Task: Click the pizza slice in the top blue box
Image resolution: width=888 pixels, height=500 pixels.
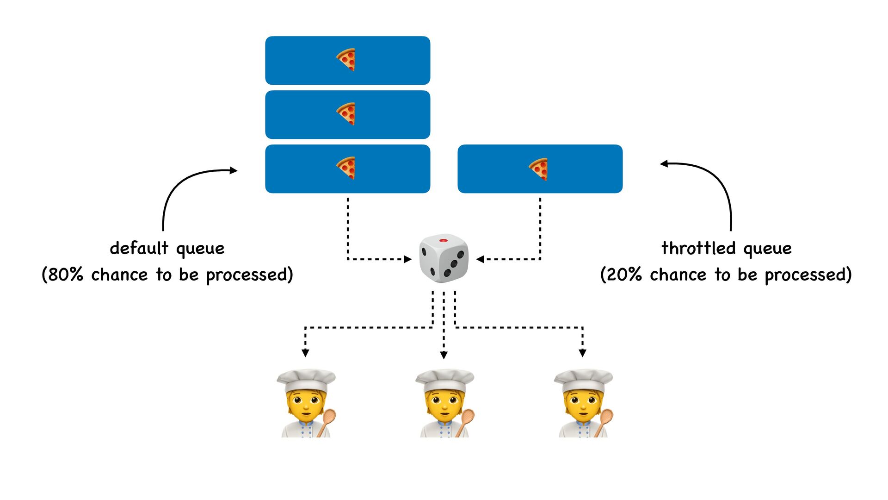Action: pos(346,60)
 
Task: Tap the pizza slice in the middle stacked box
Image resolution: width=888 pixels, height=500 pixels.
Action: pos(346,114)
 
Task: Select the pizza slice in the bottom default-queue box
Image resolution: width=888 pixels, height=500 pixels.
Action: pos(346,168)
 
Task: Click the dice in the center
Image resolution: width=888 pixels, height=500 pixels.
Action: pos(444,258)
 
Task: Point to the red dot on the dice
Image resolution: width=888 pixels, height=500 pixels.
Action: pos(443,241)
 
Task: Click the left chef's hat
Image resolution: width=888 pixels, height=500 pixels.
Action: pos(306,380)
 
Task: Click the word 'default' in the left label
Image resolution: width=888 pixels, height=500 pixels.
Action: pos(139,248)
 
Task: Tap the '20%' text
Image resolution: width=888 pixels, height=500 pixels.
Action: pos(623,275)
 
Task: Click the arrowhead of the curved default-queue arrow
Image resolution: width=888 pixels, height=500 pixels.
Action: pos(234,170)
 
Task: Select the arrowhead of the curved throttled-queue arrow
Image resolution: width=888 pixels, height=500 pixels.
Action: pos(664,163)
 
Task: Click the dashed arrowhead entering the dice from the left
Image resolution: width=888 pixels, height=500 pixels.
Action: pos(408,259)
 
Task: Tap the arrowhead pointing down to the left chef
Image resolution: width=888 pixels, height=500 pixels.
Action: pos(305,353)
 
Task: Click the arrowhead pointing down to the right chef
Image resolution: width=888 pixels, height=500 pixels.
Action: pos(583,353)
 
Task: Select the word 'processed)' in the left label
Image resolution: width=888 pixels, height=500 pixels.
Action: pos(249,275)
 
